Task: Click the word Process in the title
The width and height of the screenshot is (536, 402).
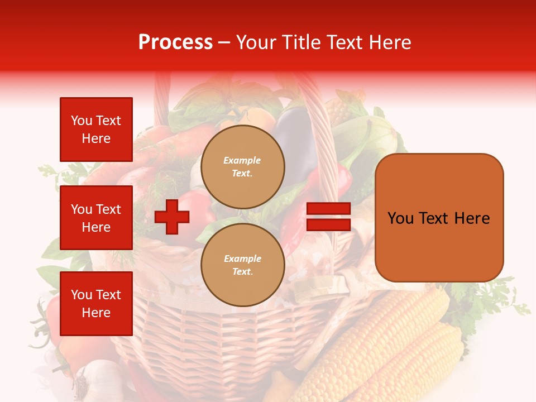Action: point(175,42)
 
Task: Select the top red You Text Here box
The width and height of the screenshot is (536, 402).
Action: point(96,130)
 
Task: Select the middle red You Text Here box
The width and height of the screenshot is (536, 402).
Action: point(96,218)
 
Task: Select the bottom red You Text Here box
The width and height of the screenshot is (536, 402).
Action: point(96,304)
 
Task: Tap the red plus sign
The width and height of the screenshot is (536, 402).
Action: point(172,217)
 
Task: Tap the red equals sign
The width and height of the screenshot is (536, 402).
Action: point(328,217)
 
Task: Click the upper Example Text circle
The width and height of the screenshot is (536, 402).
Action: point(243,167)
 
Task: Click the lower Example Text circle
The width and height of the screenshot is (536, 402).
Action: point(243,265)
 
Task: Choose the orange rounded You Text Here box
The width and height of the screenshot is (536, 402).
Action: point(439,218)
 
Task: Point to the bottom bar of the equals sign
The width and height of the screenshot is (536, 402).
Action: point(328,225)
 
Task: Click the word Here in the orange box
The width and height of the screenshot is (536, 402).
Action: point(472,218)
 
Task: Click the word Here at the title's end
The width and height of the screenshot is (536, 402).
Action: point(389,42)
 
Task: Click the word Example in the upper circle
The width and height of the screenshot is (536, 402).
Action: point(242,160)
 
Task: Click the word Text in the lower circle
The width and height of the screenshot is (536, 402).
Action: point(242,272)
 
